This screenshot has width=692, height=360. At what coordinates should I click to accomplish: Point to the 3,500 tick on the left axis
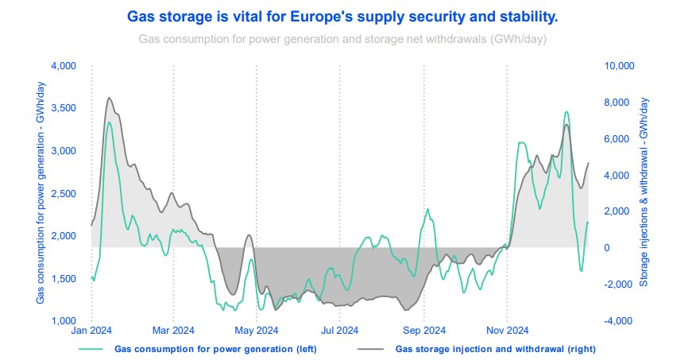63,108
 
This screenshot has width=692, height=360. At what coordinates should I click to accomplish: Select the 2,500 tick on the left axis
63,193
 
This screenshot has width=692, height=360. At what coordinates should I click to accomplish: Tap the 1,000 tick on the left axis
63,321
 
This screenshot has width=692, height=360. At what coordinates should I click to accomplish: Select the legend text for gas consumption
207,348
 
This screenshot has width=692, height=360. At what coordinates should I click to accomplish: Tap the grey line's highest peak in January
109,98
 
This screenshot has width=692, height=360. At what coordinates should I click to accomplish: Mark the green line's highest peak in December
566,112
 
